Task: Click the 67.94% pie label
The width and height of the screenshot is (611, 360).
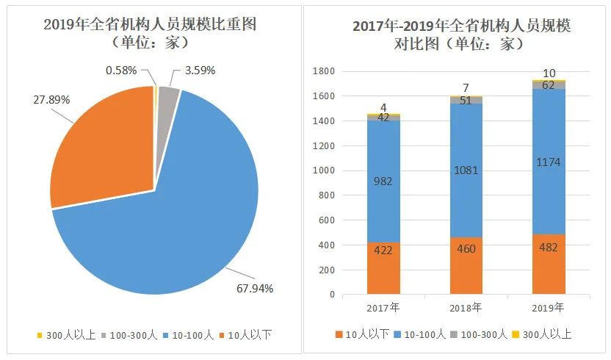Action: pyautogui.click(x=254, y=288)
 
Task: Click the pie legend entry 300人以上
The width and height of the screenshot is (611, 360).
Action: pyautogui.click(x=62, y=335)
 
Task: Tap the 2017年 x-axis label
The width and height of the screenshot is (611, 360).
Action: pyautogui.click(x=383, y=306)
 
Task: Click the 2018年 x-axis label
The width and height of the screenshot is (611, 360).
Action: pyautogui.click(x=466, y=306)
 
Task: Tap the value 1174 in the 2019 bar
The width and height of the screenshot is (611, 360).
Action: pyautogui.click(x=549, y=162)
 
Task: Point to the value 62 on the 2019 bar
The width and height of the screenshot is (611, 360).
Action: pyautogui.click(x=549, y=84)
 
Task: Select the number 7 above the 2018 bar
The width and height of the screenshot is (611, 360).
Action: pyautogui.click(x=466, y=88)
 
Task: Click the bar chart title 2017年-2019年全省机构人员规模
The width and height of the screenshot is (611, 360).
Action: pyautogui.click(x=461, y=26)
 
